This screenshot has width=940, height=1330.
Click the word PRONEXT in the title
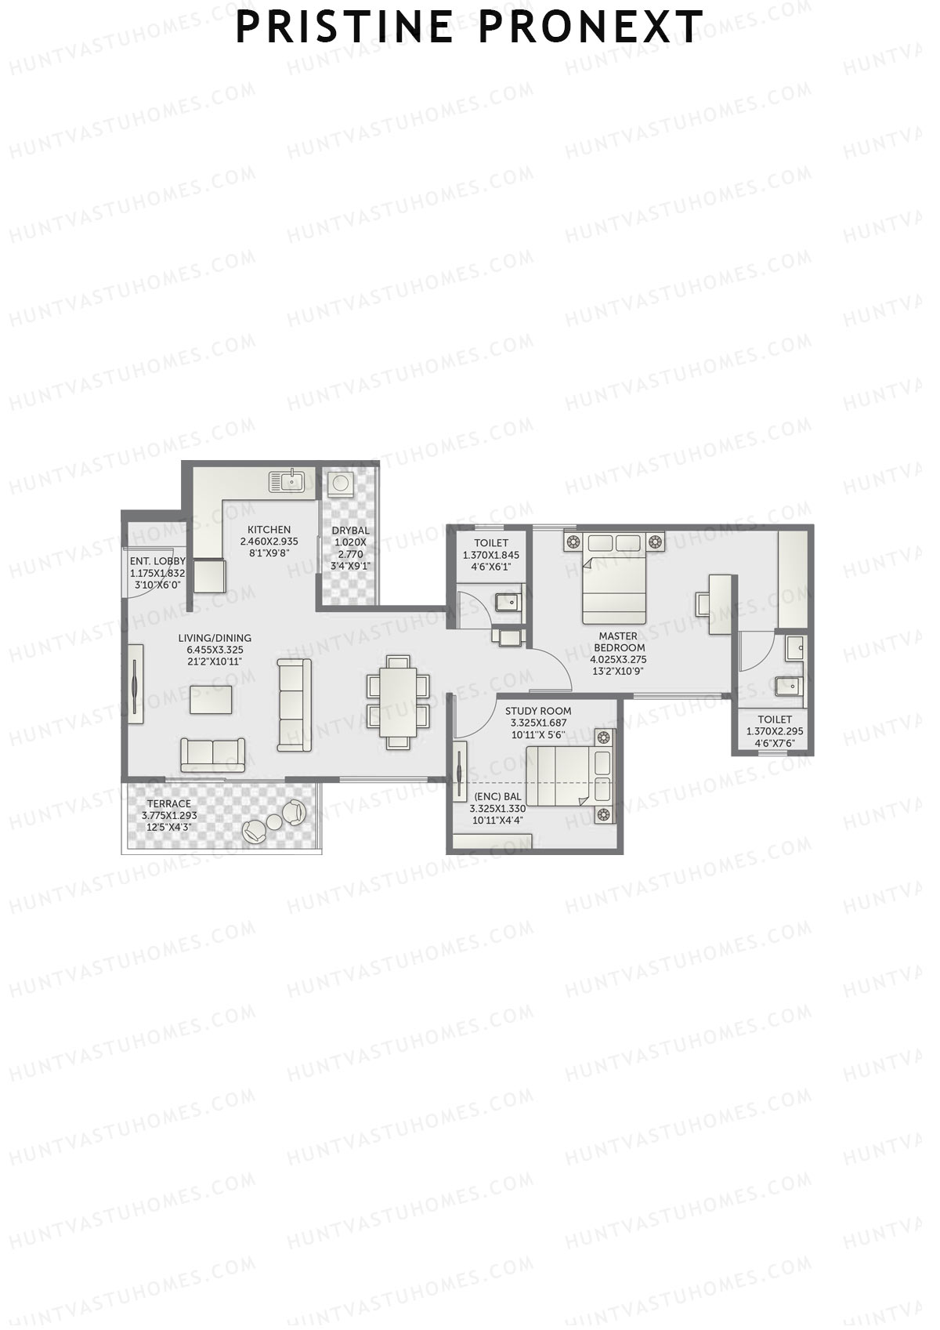(x=591, y=27)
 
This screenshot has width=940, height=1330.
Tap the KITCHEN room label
(x=269, y=530)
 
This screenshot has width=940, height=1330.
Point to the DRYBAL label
(x=350, y=531)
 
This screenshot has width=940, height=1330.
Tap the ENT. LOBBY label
(x=157, y=561)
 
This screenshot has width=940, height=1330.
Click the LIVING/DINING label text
(x=215, y=638)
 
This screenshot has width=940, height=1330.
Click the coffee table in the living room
(x=211, y=699)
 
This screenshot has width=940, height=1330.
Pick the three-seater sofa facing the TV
(x=295, y=705)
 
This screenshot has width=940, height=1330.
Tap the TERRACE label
(x=169, y=804)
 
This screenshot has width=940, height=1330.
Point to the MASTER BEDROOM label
(x=618, y=642)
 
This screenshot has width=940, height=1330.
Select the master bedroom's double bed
(x=614, y=580)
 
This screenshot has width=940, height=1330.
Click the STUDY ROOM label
(x=538, y=712)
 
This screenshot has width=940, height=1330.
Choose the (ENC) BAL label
(x=497, y=797)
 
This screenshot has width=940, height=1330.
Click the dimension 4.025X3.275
(x=618, y=660)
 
